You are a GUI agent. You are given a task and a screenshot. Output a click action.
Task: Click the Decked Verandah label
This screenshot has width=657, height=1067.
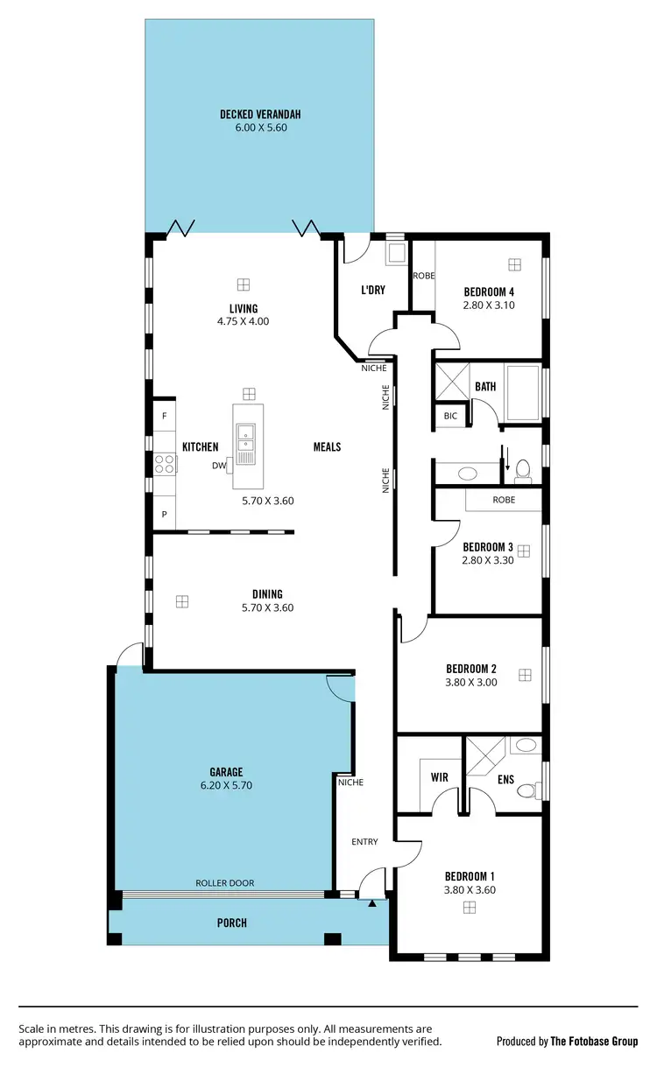click(261, 114)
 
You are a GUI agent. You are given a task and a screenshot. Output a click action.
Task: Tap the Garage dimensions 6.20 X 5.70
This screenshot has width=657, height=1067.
click(231, 785)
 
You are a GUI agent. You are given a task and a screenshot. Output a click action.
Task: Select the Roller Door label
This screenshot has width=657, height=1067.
click(224, 883)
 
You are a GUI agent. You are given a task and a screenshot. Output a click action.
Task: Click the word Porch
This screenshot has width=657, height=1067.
click(232, 923)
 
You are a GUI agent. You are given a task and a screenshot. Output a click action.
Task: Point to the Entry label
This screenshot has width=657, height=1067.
click(364, 842)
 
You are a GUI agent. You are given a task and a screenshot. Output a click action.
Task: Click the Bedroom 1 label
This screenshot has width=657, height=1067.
click(470, 876)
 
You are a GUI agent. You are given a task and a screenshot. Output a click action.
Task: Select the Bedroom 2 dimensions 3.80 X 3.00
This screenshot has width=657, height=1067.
click(471, 682)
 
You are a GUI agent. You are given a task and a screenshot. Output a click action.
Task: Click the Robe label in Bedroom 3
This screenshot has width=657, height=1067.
click(504, 500)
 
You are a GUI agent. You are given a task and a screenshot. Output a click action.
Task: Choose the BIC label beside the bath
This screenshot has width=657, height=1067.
click(450, 417)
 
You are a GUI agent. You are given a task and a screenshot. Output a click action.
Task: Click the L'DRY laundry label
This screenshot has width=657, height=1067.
click(374, 291)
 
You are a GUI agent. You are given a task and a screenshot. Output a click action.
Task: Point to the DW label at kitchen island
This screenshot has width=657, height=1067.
click(219, 466)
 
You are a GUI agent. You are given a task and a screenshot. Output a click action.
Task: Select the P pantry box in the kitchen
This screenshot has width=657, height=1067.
click(164, 515)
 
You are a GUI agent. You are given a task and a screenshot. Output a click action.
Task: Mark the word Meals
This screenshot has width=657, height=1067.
click(327, 446)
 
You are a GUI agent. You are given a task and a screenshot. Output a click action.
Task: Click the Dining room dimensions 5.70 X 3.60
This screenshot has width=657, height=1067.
click(268, 607)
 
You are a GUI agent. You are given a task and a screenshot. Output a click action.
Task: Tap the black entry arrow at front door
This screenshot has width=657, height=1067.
click(372, 902)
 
